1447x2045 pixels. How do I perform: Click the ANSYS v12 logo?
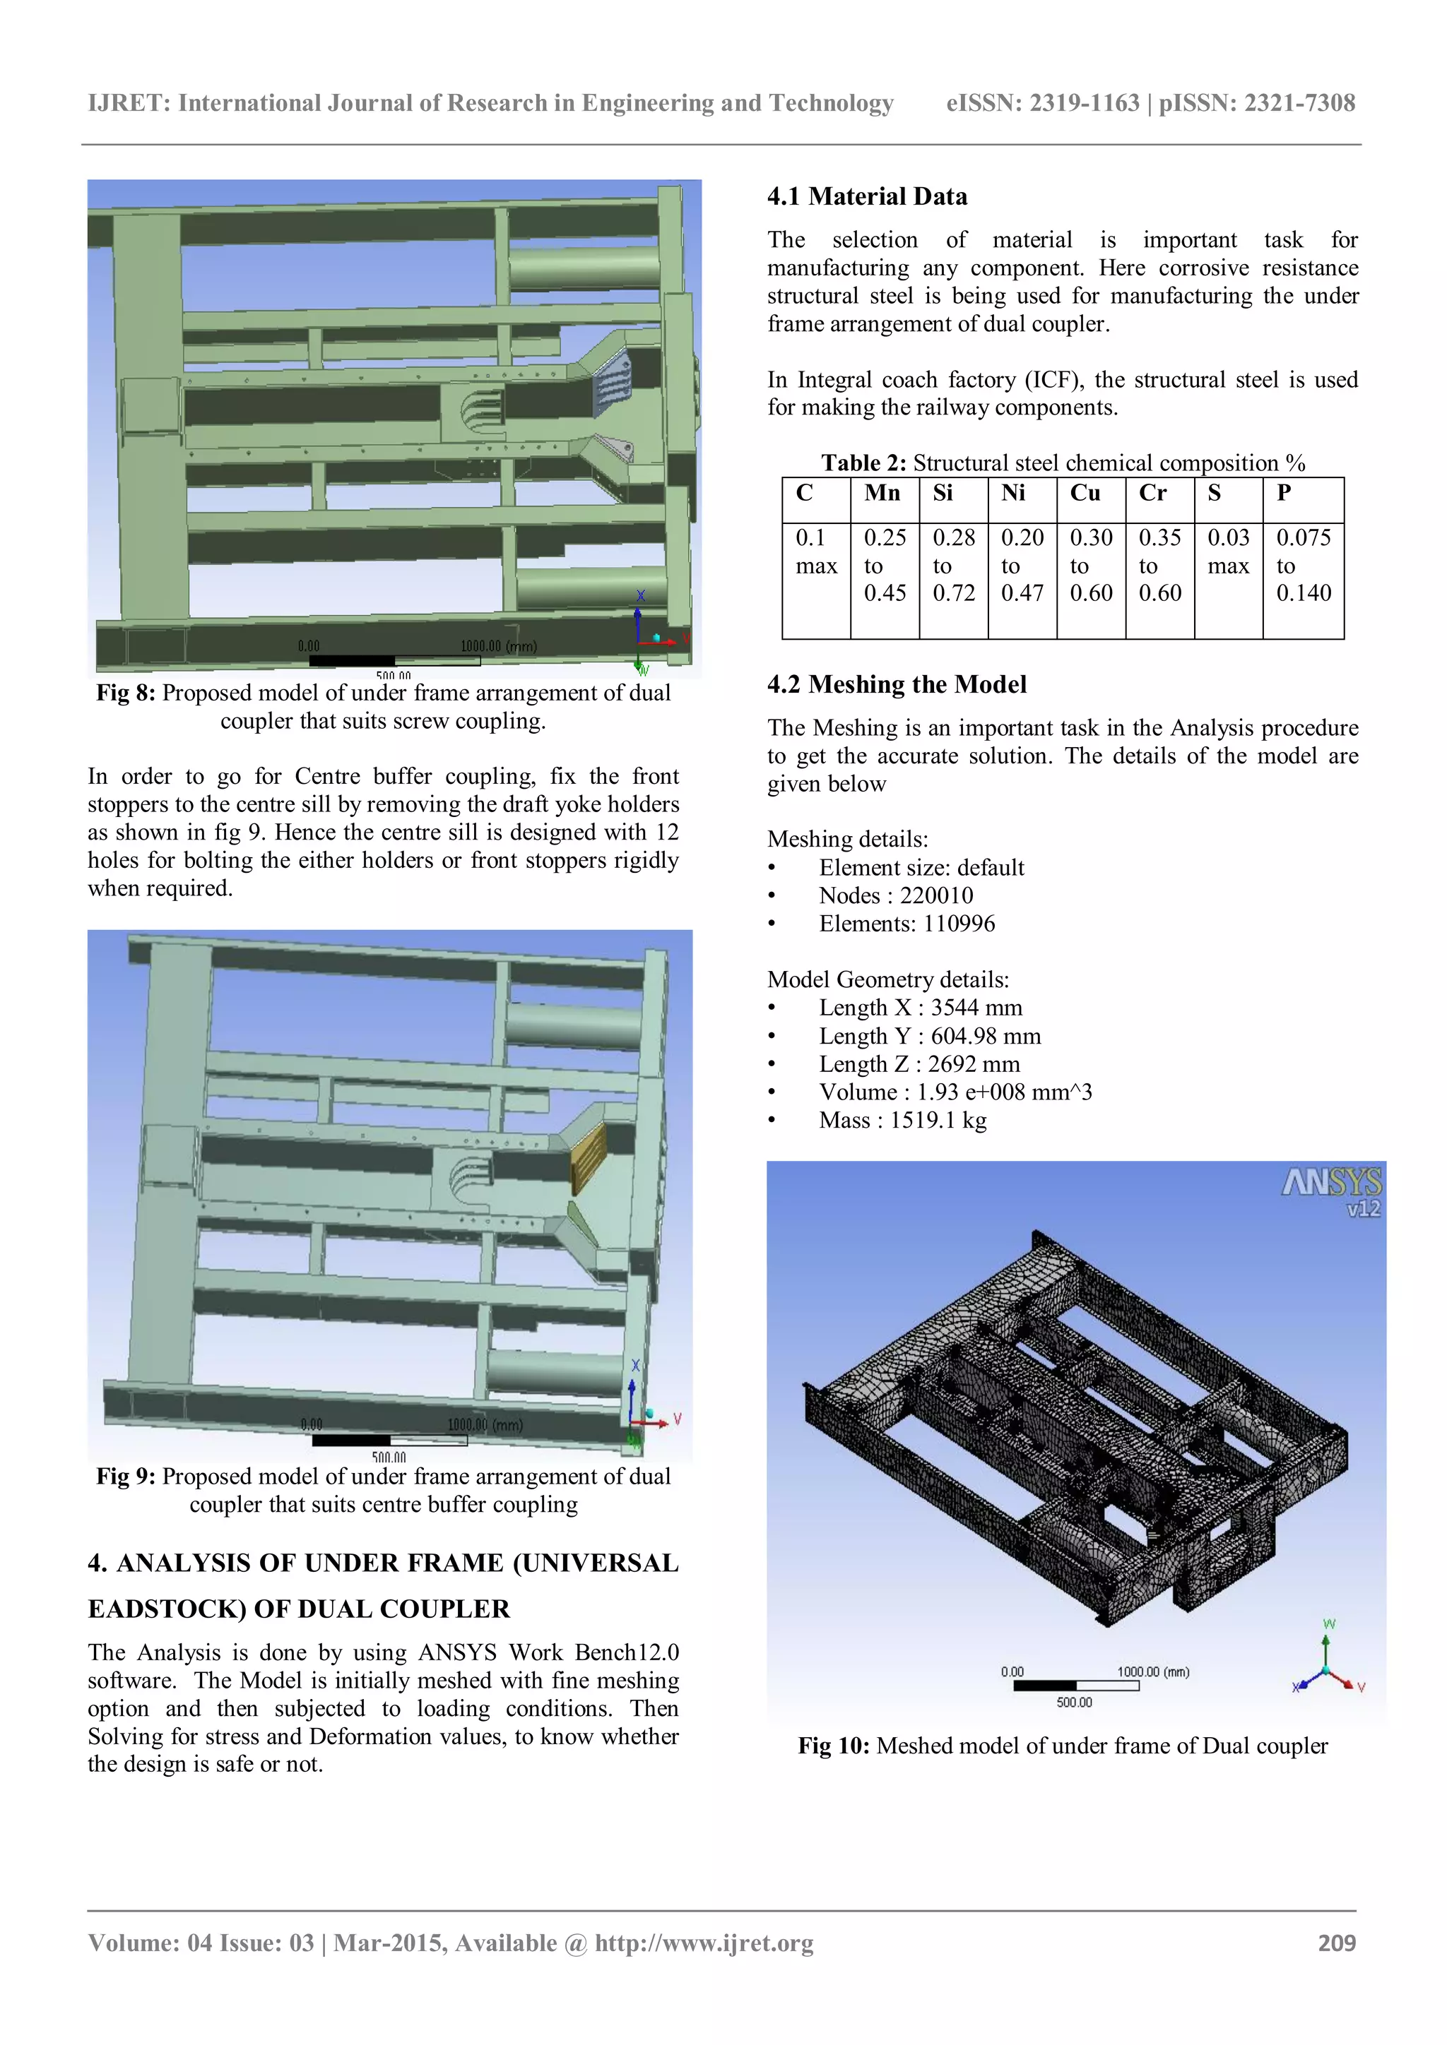(1332, 1192)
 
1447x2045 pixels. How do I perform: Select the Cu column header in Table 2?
(1085, 494)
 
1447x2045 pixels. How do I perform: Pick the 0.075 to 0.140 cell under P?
(1303, 566)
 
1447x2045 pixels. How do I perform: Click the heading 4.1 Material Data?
(867, 197)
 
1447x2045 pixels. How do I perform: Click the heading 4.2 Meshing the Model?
(897, 684)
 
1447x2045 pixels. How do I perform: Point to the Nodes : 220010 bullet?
(895, 895)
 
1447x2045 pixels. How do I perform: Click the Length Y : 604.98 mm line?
(929, 1036)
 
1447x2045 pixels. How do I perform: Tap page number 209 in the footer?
(1337, 1943)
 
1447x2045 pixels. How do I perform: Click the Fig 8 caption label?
(126, 693)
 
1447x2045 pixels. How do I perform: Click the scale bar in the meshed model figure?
(1075, 1685)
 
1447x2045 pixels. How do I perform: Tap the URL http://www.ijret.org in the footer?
(704, 1943)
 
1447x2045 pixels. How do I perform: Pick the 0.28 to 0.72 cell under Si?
(953, 566)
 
